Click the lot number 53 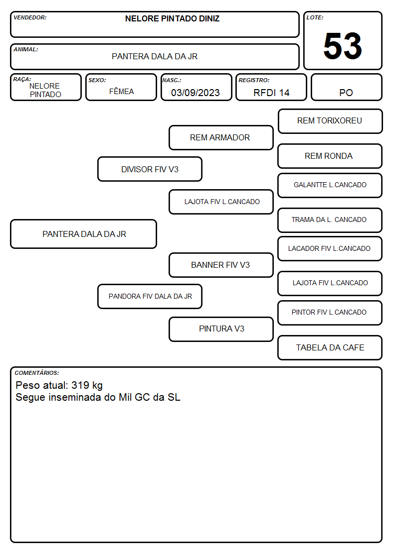(x=343, y=46)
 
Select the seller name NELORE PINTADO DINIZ (x=172, y=18)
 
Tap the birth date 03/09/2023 (x=196, y=93)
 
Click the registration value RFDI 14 (x=271, y=93)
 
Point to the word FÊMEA (x=121, y=91)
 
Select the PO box (x=346, y=87)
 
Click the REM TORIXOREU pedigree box (x=330, y=121)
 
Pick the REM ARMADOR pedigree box (x=221, y=137)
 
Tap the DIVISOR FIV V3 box (x=150, y=169)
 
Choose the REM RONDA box (x=330, y=156)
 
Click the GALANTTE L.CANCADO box (x=330, y=185)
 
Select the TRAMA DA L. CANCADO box (x=330, y=220)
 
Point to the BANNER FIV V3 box (x=221, y=265)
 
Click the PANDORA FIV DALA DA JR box (x=150, y=296)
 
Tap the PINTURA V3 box (x=221, y=329)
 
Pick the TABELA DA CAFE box (x=330, y=347)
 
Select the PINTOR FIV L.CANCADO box (x=330, y=313)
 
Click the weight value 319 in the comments (x=80, y=385)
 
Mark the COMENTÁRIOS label (x=37, y=373)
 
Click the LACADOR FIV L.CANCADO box (x=330, y=248)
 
